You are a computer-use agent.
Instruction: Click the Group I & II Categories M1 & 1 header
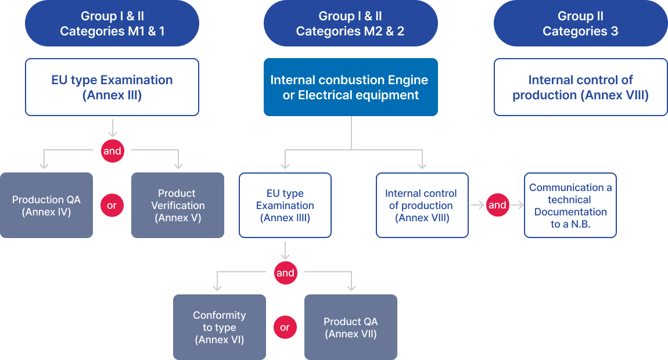[x=112, y=24]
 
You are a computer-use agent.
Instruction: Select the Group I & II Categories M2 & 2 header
[x=350, y=24]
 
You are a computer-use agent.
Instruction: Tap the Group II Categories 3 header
[x=580, y=24]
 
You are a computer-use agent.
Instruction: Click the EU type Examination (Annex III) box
[x=112, y=87]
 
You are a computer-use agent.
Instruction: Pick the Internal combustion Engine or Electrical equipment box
[x=350, y=87]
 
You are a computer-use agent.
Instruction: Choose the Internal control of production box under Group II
[x=580, y=87]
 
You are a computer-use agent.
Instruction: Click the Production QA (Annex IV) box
[x=46, y=206]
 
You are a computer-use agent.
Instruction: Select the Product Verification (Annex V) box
[x=178, y=206]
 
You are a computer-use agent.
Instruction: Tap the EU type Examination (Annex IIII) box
[x=285, y=206]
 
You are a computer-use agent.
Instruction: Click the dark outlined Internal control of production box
[x=422, y=206]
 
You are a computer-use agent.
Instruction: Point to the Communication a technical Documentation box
[x=570, y=206]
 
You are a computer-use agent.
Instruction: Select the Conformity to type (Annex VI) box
[x=220, y=327]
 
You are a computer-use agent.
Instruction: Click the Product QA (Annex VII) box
[x=351, y=327]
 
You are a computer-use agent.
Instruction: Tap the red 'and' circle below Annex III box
[x=112, y=151]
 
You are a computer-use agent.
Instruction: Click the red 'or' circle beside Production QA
[x=112, y=206]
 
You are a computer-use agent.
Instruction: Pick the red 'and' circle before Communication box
[x=497, y=206]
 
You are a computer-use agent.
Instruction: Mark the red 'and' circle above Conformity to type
[x=285, y=273]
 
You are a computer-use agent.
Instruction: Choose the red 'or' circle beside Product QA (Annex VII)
[x=285, y=327]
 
